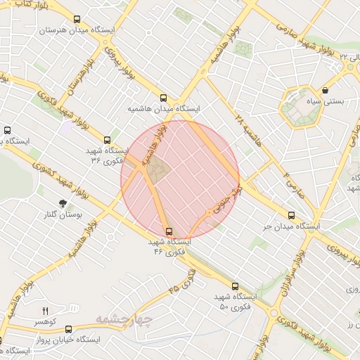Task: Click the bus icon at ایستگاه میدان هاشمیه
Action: coord(164,98)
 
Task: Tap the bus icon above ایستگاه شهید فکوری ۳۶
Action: coord(107,139)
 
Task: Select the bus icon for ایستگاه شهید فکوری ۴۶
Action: coord(169,231)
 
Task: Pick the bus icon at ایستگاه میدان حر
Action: coord(292,216)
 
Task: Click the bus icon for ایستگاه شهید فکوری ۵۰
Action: coord(235,286)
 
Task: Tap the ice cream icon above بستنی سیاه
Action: coord(326,91)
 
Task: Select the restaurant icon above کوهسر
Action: coord(46,310)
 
